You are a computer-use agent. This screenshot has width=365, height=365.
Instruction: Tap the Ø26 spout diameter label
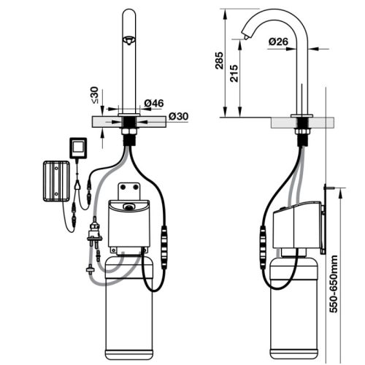point(276,42)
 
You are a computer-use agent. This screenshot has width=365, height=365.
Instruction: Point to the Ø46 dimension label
point(153,104)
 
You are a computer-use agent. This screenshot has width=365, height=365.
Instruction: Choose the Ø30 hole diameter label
point(179,116)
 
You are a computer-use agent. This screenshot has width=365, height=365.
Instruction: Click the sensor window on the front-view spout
point(129,40)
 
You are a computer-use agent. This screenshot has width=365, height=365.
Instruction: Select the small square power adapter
point(77,147)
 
